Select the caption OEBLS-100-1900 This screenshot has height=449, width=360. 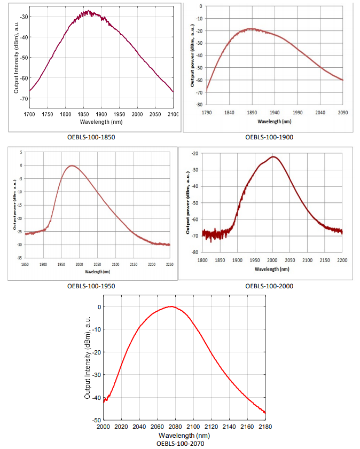[269, 137]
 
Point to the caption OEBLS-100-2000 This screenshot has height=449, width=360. [269, 286]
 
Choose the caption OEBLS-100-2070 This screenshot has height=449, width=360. [180, 443]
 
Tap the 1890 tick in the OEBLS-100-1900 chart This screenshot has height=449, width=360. [253, 113]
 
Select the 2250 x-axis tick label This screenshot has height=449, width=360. [170, 264]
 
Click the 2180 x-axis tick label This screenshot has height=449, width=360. [265, 427]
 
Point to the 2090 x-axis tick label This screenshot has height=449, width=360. [342, 113]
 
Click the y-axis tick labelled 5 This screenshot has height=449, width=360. [21, 152]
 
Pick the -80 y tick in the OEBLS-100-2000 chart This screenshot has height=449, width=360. [195, 252]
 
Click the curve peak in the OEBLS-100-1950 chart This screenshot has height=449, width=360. [71, 166]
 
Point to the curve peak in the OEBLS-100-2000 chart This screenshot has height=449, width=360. [273, 156]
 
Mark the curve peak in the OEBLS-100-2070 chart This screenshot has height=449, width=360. [171, 306]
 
